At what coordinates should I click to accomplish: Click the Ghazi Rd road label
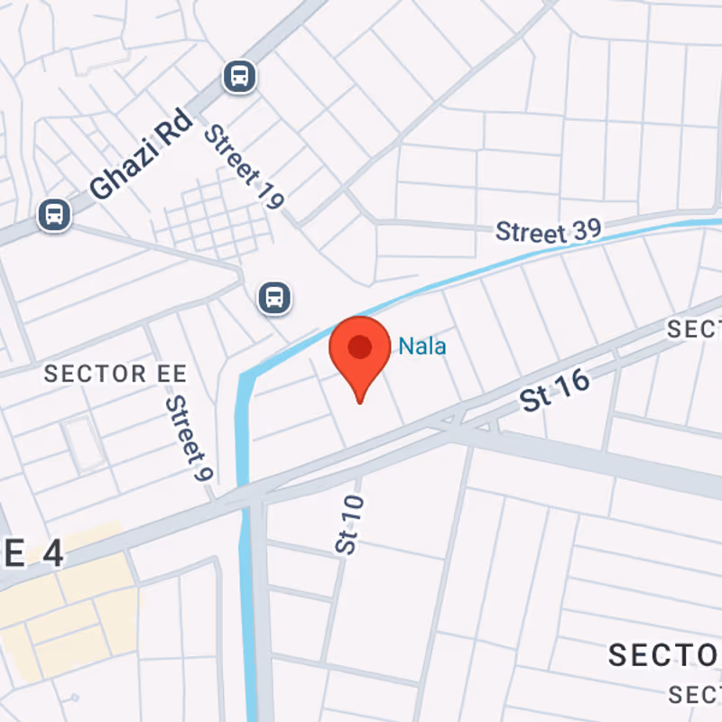click(x=141, y=155)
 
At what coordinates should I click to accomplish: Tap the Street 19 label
click(x=243, y=167)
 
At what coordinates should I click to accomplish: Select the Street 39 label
click(x=548, y=231)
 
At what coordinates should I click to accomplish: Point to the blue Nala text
click(x=422, y=346)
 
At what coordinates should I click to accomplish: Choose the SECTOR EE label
click(x=116, y=374)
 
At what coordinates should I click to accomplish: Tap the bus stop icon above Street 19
click(x=239, y=77)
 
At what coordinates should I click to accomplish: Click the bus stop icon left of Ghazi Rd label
click(x=53, y=215)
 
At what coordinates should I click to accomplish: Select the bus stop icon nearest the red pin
click(x=274, y=297)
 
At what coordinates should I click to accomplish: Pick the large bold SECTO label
click(x=664, y=656)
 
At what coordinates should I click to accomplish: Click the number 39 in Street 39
click(x=584, y=230)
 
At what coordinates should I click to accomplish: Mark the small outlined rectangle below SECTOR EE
click(x=82, y=442)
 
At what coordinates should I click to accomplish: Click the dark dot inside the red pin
click(x=360, y=346)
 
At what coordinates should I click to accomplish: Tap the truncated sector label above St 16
click(x=694, y=330)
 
